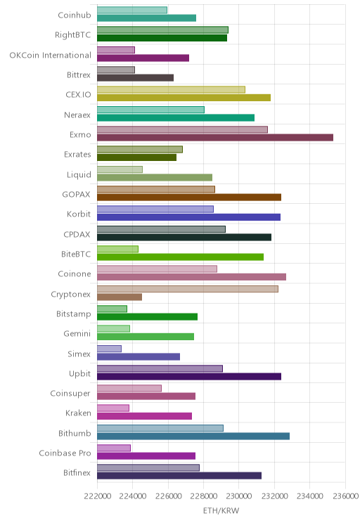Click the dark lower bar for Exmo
[215, 137]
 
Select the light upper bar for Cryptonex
[188, 289]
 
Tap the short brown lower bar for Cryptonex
[120, 297]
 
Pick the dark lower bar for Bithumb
[193, 436]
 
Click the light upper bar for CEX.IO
[171, 90]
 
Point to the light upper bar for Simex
[109, 349]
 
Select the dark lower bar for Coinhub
[146, 18]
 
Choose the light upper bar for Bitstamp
[112, 309]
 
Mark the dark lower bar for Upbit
[189, 376]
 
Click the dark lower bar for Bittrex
[135, 78]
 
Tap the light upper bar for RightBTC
[163, 30]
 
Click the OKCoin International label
[50, 55]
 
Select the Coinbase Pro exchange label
[65, 453]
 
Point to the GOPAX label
[76, 195]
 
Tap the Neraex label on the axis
[77, 115]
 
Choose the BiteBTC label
[76, 254]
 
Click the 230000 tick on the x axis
[239, 496]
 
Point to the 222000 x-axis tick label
[98, 496]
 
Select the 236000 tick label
[346, 496]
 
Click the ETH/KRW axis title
[221, 510]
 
